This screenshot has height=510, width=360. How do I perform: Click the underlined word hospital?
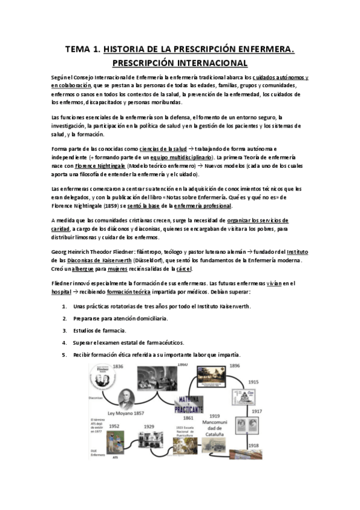click(x=63, y=291)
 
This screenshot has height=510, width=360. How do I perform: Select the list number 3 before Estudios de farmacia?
click(x=64, y=330)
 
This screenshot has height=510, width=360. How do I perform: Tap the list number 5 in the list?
click(x=64, y=355)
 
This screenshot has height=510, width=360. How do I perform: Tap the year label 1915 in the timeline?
click(x=253, y=381)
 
